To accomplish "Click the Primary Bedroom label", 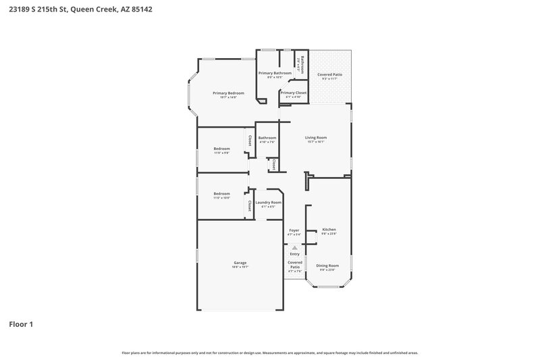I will click(228, 93).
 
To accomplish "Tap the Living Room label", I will click(316, 138).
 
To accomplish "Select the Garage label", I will click(240, 263).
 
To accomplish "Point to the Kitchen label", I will click(329, 230).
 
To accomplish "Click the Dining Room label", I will click(327, 265).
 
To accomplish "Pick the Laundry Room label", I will click(269, 202).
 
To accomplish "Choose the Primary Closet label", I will click(294, 93).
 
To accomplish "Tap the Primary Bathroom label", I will click(275, 73).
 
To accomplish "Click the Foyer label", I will click(294, 230).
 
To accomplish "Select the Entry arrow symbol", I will click(294, 248).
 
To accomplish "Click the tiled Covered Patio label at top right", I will click(329, 74).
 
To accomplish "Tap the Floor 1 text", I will click(21, 324).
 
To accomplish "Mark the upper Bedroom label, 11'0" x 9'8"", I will click(222, 149).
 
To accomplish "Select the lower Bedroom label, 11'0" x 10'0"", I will click(222, 194).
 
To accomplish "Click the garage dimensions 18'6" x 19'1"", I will click(240, 267).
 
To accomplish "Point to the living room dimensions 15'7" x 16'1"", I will click(316, 142).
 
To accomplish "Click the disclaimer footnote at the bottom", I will click(270, 353).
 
